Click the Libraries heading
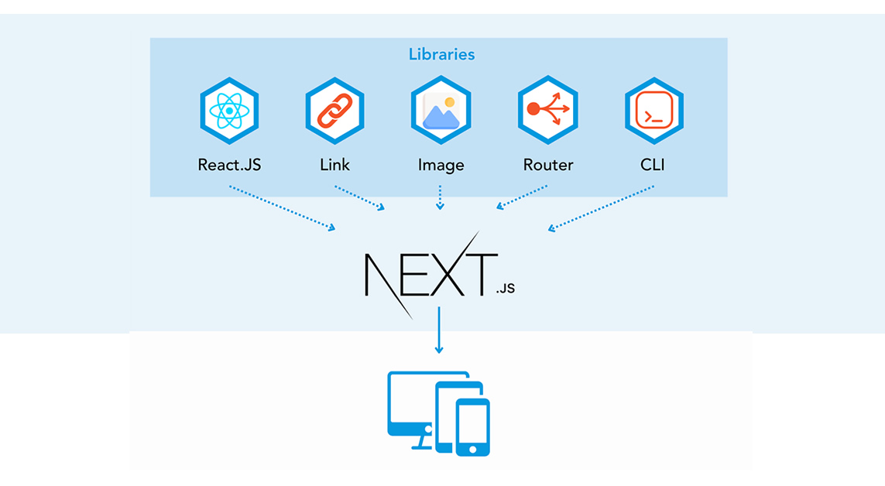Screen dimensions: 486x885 (441, 55)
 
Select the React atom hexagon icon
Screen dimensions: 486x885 (229, 111)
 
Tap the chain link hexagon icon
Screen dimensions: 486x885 (334, 111)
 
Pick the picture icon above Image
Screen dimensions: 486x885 (441, 111)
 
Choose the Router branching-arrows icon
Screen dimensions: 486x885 (547, 110)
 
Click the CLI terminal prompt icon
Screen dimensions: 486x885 (653, 111)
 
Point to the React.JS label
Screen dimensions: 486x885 (229, 165)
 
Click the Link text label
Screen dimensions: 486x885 (334, 165)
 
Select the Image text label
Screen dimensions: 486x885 (441, 165)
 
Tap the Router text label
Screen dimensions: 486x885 (547, 165)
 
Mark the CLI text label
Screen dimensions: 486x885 (653, 165)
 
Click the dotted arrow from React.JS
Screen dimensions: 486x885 (282, 207)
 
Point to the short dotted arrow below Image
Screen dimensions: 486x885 (441, 197)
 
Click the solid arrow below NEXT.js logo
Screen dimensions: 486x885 (439, 330)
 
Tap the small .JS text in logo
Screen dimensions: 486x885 (505, 289)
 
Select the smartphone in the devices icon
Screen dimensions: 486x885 (472, 427)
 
